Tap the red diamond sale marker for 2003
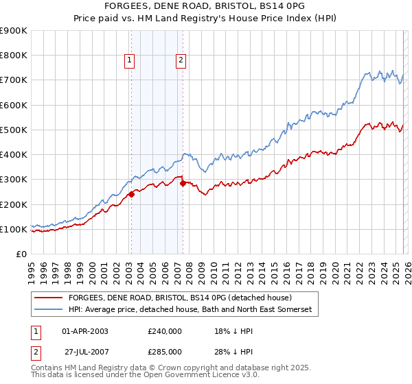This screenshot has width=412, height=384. pos(131,194)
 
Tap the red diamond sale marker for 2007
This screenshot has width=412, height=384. pos(183,183)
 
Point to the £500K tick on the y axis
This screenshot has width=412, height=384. pos(14,130)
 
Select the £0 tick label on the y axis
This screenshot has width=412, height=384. pos(21,254)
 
